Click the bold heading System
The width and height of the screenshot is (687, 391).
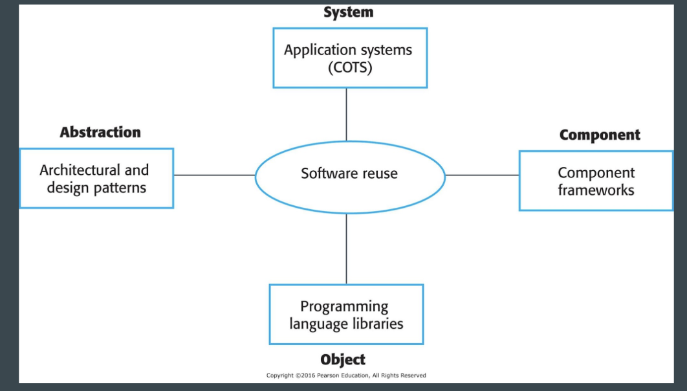pos(348,12)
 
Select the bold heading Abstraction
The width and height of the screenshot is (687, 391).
pos(100,132)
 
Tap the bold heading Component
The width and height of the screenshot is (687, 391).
pos(600,135)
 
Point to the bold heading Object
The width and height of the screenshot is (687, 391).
pos(343,359)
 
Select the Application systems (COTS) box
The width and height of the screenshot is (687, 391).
pos(350,58)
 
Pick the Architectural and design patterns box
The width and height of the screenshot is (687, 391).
pos(96,178)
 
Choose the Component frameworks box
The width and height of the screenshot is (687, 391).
pos(596,181)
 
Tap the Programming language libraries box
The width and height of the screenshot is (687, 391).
pos(346,314)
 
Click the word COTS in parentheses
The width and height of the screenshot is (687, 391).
pos(350,67)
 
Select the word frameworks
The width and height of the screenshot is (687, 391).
pos(596,190)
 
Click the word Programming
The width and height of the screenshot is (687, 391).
pos(344,306)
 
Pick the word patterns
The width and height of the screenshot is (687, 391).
pos(122,188)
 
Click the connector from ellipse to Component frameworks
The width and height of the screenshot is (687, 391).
pos(482,175)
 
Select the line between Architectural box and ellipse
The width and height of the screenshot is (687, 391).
pos(214,175)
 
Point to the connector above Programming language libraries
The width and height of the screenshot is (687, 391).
pos(347,249)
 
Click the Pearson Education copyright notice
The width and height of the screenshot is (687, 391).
pos(346,375)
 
